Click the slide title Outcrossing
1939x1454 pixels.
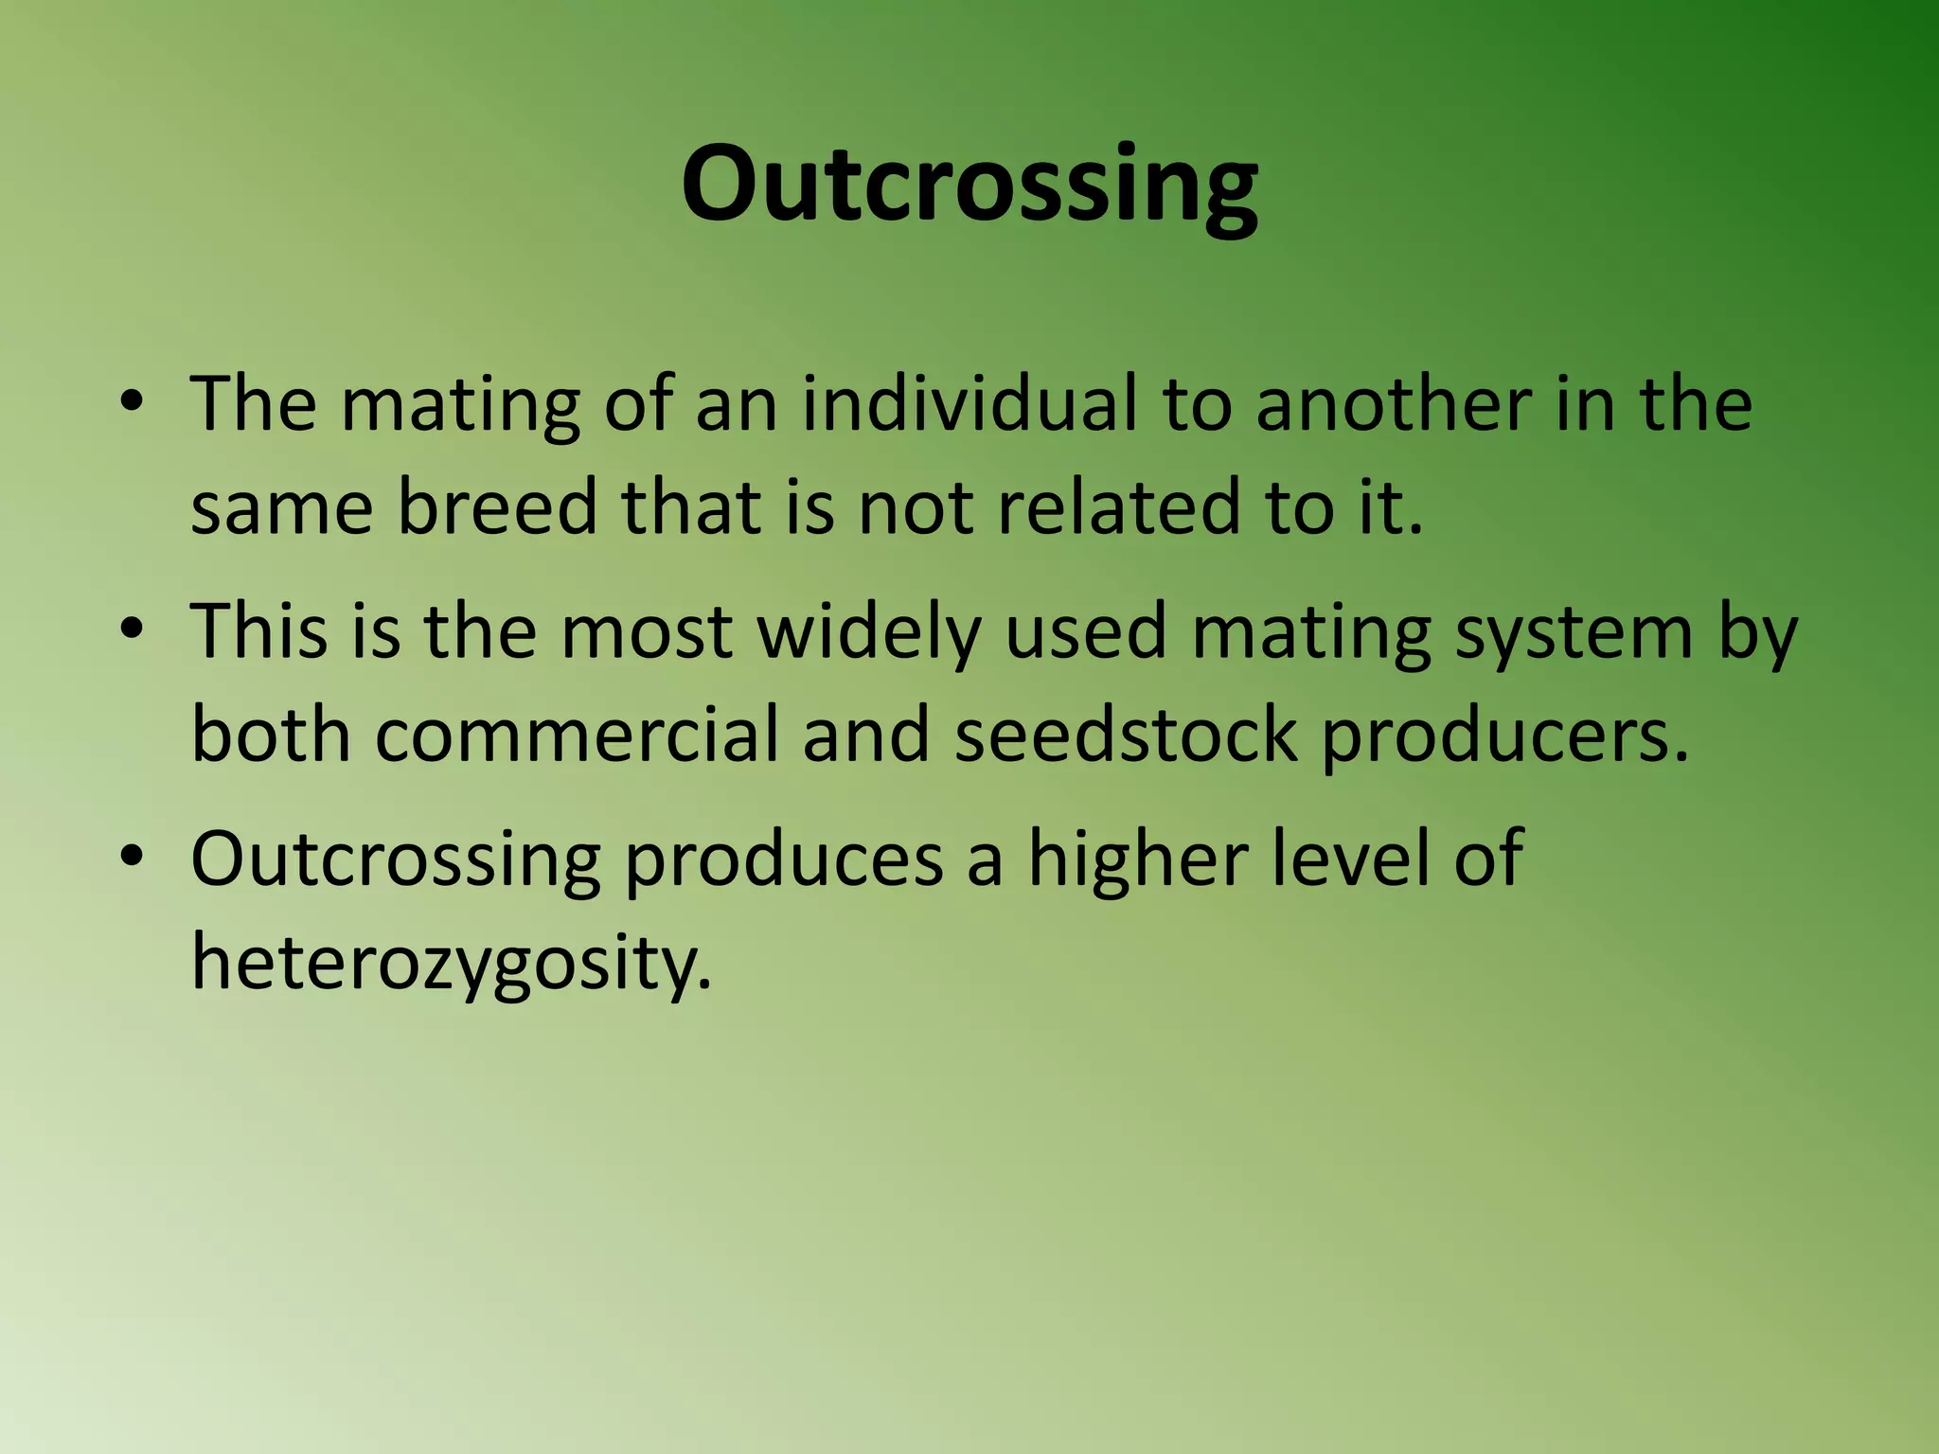(x=969, y=185)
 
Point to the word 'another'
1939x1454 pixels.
(x=1392, y=404)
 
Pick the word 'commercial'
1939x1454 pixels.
(x=577, y=735)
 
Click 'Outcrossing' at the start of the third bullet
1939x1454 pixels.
(x=396, y=860)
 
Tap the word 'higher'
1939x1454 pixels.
(x=1136, y=860)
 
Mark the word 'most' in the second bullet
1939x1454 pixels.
(x=646, y=632)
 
